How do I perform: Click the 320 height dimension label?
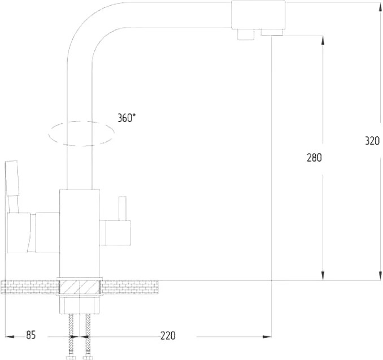372,141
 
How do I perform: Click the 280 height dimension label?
314,158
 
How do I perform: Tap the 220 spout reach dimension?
168,336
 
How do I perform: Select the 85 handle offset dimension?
31,335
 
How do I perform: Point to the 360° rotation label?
127,118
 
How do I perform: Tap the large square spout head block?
258,15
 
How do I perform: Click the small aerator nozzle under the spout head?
245,34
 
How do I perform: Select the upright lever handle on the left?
12,178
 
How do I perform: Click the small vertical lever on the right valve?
122,208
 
